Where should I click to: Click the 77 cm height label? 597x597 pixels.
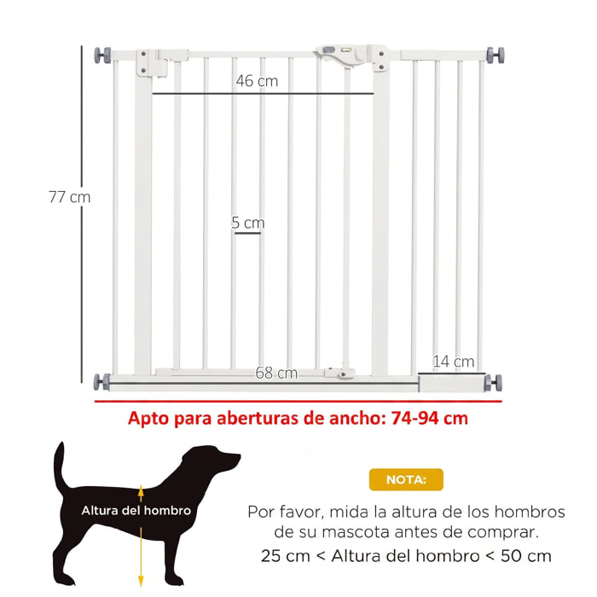tap(70, 197)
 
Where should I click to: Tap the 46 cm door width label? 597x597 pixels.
tap(257, 81)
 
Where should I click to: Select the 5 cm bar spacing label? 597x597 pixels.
tap(248, 223)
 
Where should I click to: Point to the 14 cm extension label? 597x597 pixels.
tap(454, 362)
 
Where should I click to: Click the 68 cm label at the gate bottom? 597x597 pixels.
tap(276, 373)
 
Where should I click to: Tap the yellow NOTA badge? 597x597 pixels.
tap(406, 479)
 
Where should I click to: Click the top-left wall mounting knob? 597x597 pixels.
tap(103, 55)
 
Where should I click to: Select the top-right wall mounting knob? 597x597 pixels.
tap(496, 55)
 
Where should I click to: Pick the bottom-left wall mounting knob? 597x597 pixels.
tap(101, 382)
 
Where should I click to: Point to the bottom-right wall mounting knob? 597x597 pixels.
tap(494, 383)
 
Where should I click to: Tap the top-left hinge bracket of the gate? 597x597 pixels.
tap(153, 62)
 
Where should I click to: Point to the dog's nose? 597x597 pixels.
tap(237, 455)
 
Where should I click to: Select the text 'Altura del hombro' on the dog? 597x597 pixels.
tap(136, 511)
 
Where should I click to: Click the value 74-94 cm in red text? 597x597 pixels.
tap(430, 418)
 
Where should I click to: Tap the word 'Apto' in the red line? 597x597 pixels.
tap(148, 419)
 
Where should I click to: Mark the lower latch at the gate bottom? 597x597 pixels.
tap(340, 374)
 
